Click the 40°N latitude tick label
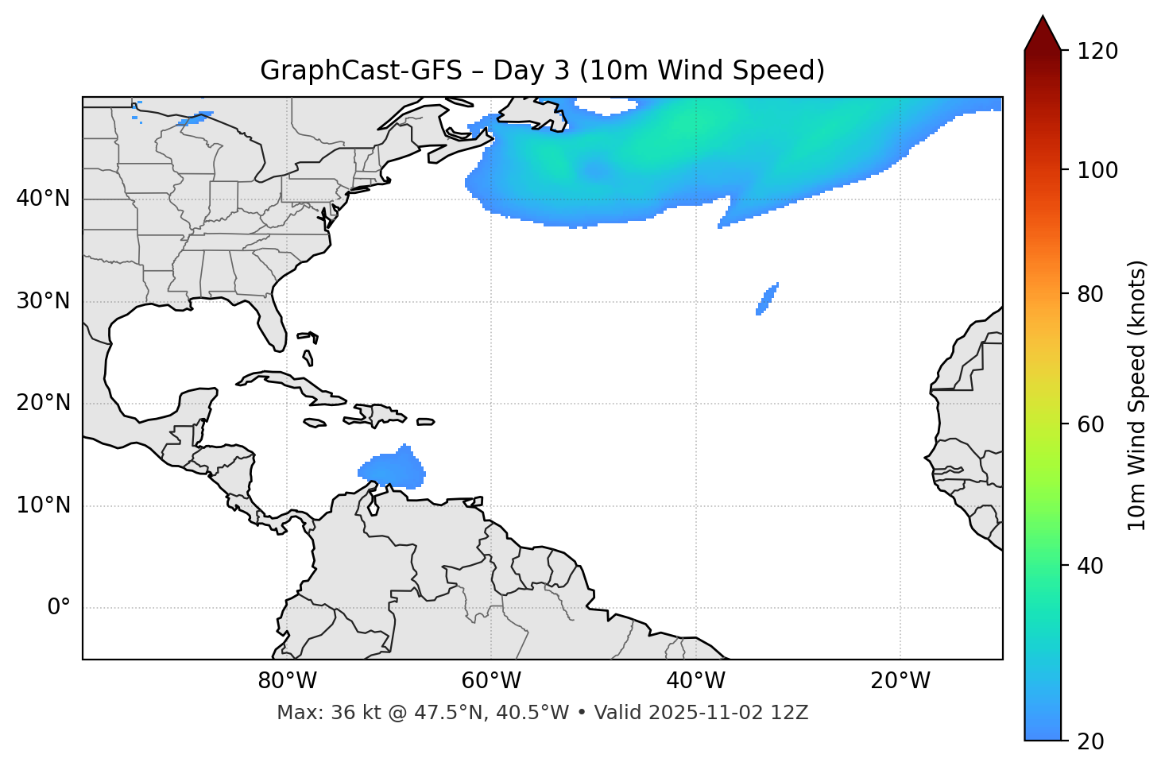(43, 199)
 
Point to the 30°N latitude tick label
(43, 301)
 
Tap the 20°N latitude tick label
(43, 403)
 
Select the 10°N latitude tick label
(43, 505)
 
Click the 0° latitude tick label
(59, 608)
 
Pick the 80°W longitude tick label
(287, 681)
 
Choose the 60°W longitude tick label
(491, 681)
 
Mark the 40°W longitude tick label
(696, 681)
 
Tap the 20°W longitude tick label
(900, 681)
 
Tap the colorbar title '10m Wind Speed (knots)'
(1137, 396)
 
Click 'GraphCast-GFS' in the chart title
(361, 71)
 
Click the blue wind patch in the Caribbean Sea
(392, 470)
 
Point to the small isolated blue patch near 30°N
(768, 299)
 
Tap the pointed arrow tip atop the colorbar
(1043, 19)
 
